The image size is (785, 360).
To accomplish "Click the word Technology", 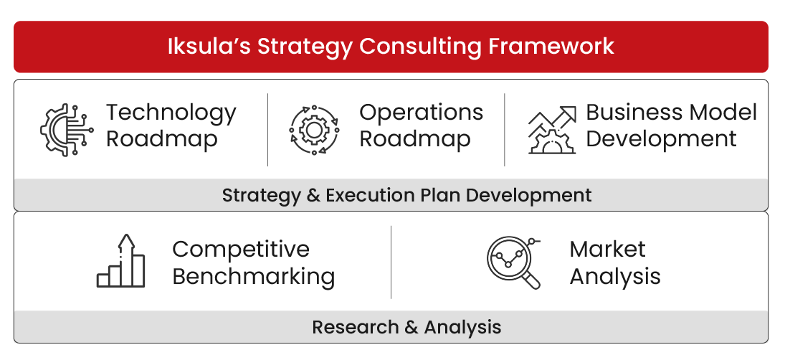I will coord(171,113).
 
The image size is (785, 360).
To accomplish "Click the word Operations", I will coord(421,113).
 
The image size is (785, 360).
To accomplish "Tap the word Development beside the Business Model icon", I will coord(661,138).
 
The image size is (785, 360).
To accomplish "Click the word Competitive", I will coord(241,250).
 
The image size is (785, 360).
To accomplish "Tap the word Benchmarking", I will coord(253,277).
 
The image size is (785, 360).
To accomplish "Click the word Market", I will coord(607,250).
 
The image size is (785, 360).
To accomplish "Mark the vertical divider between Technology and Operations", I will coord(267,130).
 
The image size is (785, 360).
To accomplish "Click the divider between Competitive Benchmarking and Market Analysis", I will coord(391,262).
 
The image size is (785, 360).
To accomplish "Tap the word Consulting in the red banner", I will coord(420,47).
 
